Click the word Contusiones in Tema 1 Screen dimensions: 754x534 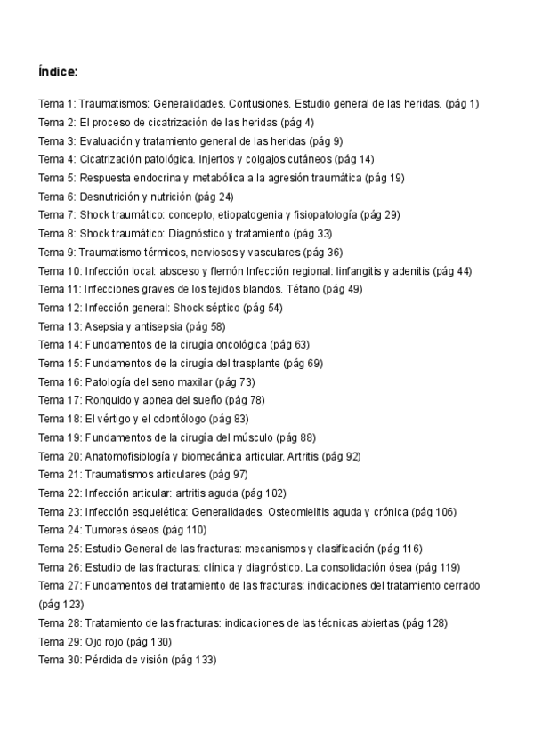point(259,104)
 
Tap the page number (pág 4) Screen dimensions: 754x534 point(297,123)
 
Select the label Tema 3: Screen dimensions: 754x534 point(57,141)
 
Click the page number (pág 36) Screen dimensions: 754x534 point(322,253)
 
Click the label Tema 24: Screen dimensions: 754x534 point(60,530)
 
